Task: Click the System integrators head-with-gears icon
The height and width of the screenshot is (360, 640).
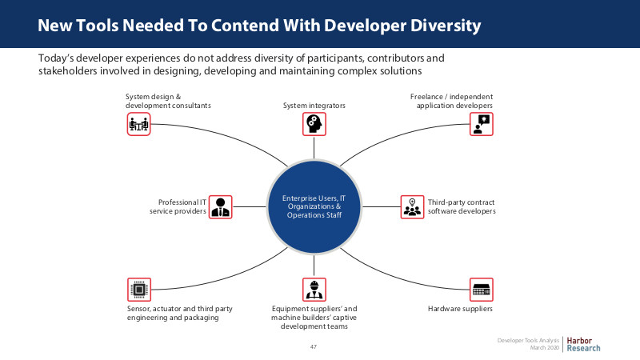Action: click(314, 124)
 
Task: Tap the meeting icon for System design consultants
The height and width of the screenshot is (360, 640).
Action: click(138, 124)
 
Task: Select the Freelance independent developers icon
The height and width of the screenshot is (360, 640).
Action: click(482, 124)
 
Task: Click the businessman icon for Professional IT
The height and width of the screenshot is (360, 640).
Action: click(221, 207)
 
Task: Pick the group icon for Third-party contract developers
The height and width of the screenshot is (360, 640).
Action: click(412, 207)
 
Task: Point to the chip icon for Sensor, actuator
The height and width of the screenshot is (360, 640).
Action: click(138, 290)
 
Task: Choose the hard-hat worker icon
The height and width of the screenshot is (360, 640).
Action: click(314, 290)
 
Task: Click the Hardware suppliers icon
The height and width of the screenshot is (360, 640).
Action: click(482, 290)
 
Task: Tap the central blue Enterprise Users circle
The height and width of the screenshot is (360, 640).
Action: click(314, 206)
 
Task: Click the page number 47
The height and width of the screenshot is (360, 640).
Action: click(313, 346)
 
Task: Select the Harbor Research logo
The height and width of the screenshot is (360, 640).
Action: click(583, 345)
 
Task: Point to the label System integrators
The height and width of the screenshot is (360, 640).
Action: click(314, 106)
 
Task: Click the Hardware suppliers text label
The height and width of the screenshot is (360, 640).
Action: click(460, 309)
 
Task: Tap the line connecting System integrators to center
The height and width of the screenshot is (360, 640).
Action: click(314, 147)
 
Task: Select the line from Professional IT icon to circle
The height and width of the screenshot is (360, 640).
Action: click(249, 207)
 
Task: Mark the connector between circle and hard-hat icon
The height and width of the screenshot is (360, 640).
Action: click(314, 266)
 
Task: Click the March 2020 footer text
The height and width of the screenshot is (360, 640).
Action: click(545, 348)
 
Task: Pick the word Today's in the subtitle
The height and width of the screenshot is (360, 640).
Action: click(56, 58)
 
